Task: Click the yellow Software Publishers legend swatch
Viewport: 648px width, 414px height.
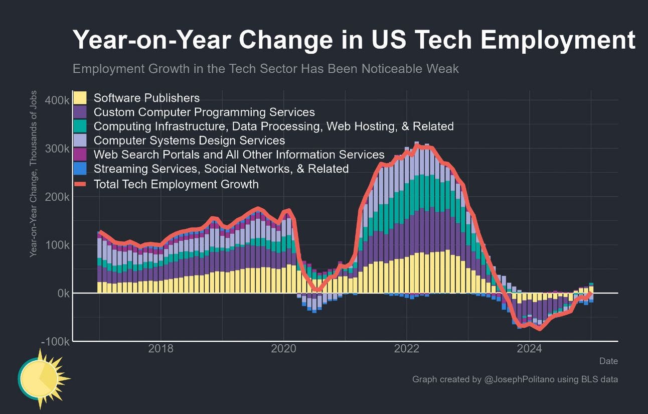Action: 80,98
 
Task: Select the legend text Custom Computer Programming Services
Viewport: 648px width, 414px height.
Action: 204,112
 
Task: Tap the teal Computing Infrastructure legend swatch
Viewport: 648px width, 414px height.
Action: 80,126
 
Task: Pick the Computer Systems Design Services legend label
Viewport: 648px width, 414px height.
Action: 189,140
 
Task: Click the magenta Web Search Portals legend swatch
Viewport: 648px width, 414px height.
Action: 80,154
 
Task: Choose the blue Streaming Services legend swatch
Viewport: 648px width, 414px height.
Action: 80,168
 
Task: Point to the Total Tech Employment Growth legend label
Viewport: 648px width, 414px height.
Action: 176,184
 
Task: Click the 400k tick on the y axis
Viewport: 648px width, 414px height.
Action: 57,100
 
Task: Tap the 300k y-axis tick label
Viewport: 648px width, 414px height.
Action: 57,149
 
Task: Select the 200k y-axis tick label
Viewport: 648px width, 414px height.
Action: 57,197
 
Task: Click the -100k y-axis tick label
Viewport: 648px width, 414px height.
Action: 56,341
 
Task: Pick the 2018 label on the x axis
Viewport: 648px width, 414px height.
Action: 161,349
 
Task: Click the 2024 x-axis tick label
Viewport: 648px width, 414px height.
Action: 529,349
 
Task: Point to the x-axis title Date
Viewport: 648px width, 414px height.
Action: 608,361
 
